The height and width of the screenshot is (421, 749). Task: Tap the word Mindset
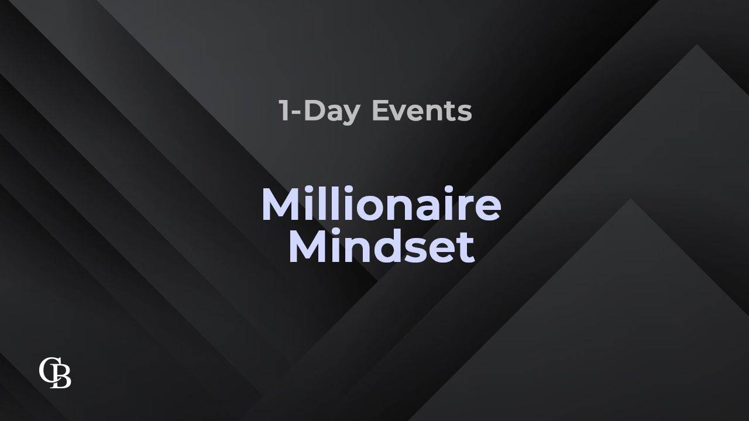click(382, 245)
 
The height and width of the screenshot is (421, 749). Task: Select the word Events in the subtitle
click(422, 111)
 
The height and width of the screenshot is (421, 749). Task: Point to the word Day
click(332, 113)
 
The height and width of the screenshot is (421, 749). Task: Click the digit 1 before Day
click(285, 111)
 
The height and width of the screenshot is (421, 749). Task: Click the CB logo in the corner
click(55, 372)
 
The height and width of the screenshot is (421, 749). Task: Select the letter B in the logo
click(61, 377)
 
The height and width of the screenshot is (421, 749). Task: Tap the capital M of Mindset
click(308, 245)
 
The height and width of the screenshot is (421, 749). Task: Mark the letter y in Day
click(351, 116)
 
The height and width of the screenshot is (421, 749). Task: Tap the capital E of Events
click(380, 111)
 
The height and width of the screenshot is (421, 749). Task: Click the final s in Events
click(465, 113)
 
